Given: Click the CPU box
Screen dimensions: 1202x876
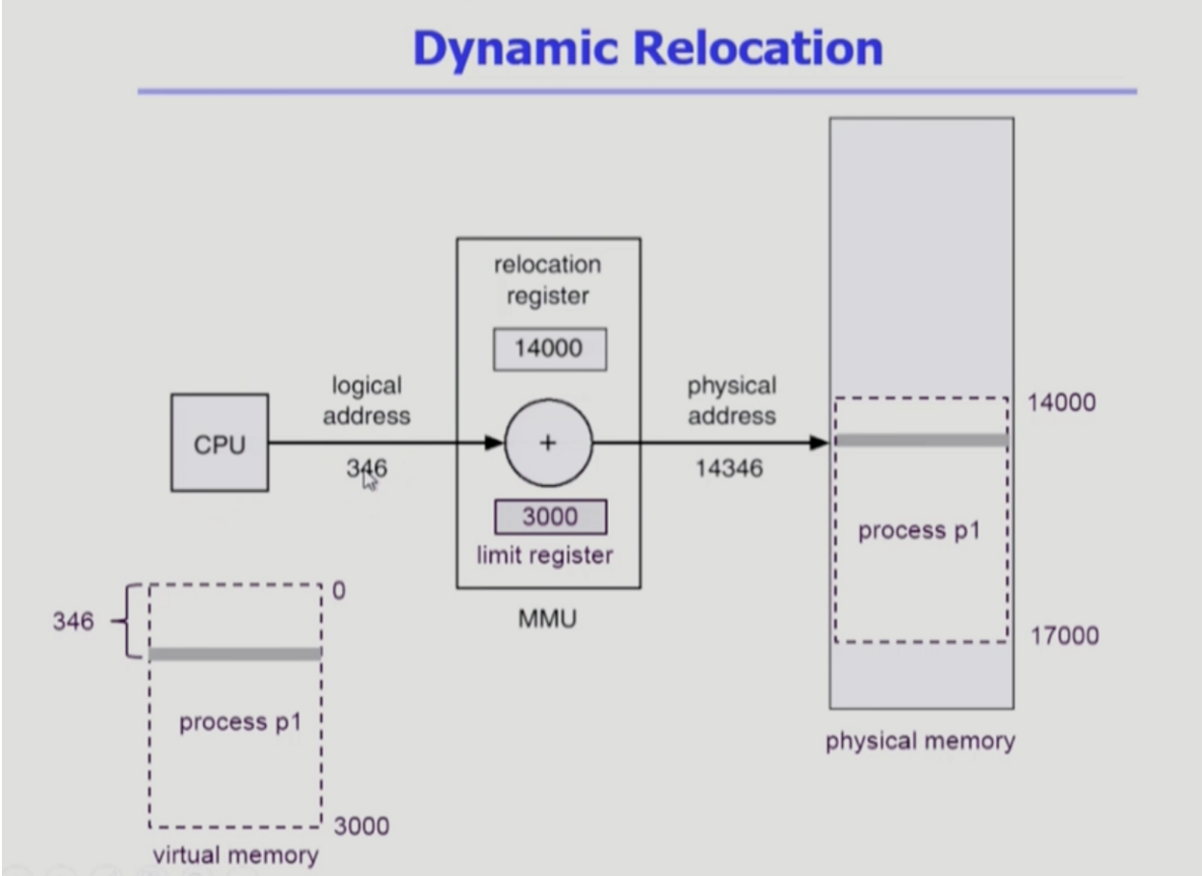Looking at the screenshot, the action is point(220,443).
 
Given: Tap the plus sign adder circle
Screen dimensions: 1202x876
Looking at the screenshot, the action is point(548,443).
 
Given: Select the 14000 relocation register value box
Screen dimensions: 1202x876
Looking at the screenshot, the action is point(550,348).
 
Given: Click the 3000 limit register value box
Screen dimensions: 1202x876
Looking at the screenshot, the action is point(551,517).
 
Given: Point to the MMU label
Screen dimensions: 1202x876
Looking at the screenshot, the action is point(547,619).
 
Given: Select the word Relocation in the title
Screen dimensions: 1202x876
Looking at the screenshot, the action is point(758,48).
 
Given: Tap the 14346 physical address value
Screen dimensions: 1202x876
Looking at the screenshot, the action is point(729,468).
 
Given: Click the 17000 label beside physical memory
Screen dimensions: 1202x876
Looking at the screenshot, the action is point(1064,635).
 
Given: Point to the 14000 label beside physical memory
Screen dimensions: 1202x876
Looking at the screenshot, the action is point(1061,402).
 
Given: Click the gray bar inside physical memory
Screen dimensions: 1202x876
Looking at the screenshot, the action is point(922,441).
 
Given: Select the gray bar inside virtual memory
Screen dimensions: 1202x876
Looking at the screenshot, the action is point(236,654).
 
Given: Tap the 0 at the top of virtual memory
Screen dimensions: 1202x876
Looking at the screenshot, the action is point(339,591).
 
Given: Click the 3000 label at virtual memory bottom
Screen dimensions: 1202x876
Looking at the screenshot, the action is point(362,826).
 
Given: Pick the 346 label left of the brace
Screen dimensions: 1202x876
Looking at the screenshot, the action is point(73,621).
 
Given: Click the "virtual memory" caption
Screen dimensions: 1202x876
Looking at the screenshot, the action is point(236,855).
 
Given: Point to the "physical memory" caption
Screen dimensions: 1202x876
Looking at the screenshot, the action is point(921,741).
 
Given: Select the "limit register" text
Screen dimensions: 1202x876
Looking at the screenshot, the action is point(545,555).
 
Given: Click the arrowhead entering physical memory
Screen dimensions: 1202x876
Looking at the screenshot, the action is point(819,443).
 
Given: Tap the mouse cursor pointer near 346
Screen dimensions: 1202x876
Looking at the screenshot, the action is point(369,480).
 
